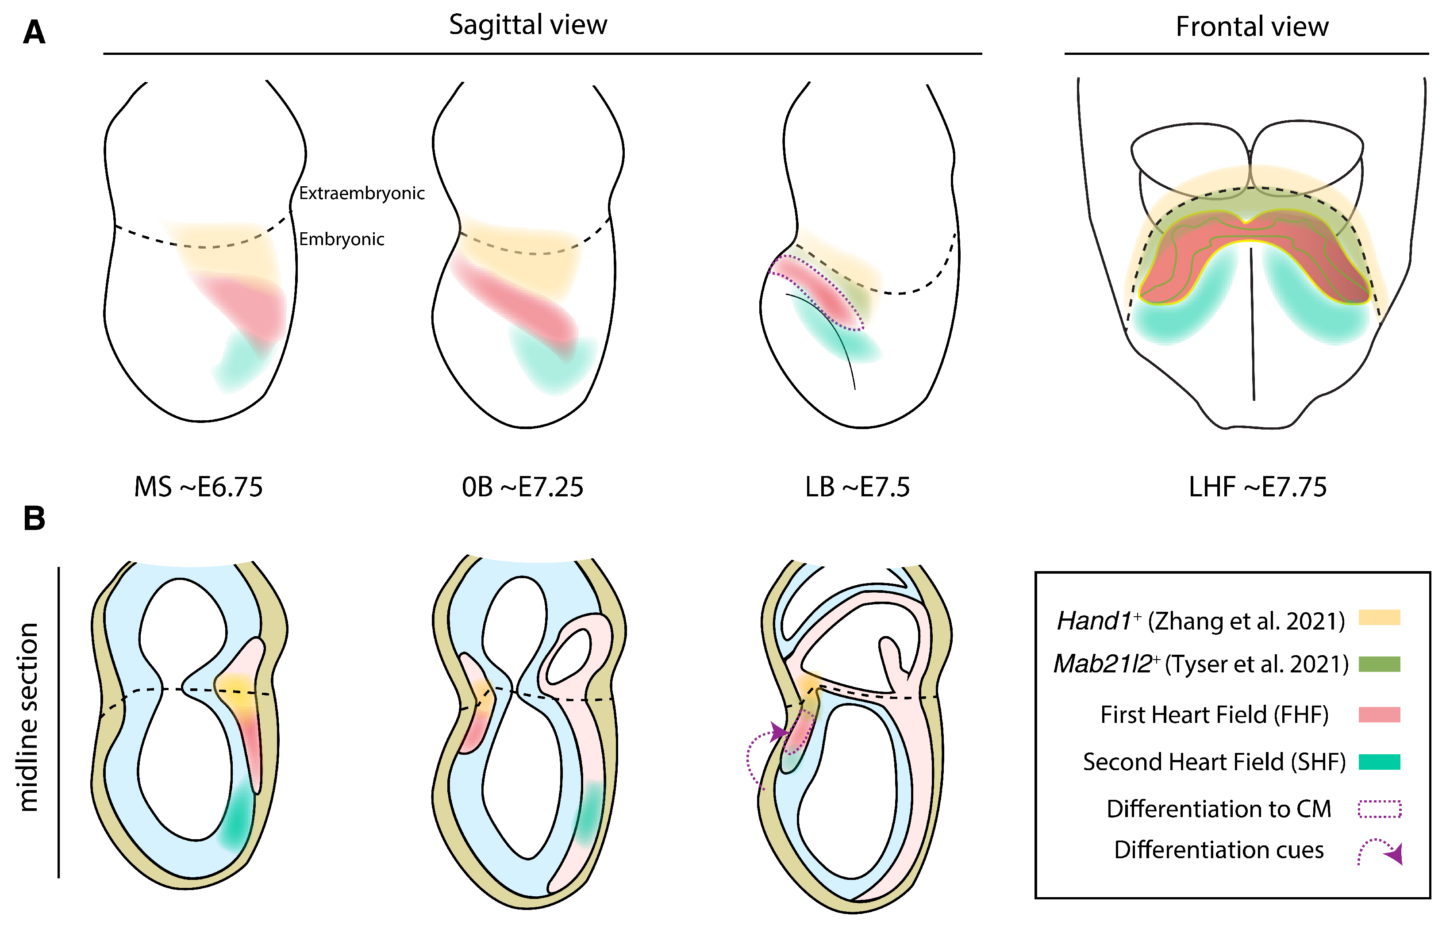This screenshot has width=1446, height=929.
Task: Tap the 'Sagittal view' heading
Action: tap(528, 25)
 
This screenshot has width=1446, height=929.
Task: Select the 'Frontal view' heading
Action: tap(1252, 27)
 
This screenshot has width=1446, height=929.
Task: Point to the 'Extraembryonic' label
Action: tap(362, 193)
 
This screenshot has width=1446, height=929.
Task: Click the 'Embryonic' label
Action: tap(342, 239)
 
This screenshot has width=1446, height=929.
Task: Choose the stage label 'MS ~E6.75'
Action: tap(199, 487)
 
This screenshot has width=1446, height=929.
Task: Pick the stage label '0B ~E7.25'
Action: tap(523, 487)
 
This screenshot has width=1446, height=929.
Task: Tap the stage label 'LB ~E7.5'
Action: tap(857, 487)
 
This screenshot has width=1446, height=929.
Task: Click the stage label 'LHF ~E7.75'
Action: tap(1258, 487)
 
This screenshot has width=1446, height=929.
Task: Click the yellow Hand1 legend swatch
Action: tap(1379, 617)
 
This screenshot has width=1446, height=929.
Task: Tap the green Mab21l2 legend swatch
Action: tap(1379, 664)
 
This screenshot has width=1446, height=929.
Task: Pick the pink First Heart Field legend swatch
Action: tap(1379, 714)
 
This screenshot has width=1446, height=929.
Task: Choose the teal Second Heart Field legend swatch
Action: tap(1379, 762)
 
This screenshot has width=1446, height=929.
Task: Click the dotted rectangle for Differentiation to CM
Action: tap(1379, 809)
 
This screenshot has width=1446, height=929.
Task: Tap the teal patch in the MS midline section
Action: tap(237, 816)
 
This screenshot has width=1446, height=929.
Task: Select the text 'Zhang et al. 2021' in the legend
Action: tap(1246, 621)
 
